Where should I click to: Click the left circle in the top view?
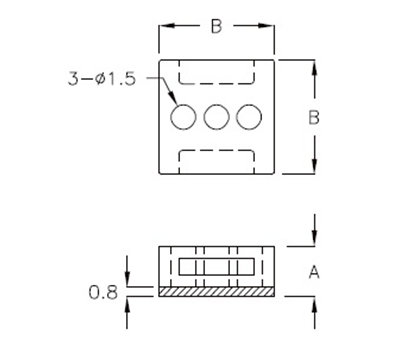[x=183, y=117]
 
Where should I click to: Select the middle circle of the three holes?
[x=217, y=117]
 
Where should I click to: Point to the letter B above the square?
[x=216, y=27]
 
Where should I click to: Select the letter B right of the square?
[x=314, y=117]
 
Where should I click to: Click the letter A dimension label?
[x=314, y=270]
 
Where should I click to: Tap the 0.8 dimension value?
[x=102, y=292]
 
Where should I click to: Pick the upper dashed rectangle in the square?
[x=216, y=75]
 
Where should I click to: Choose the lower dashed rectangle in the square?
[x=216, y=160]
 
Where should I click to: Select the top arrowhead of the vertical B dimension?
[x=315, y=67]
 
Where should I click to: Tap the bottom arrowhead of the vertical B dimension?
[x=315, y=167]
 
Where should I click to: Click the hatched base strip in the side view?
[x=217, y=291]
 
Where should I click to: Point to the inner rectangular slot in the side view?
[x=217, y=268]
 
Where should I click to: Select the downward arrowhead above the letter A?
[x=315, y=237]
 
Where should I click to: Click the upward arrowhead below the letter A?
[x=315, y=302]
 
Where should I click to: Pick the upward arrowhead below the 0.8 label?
[x=127, y=303]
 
